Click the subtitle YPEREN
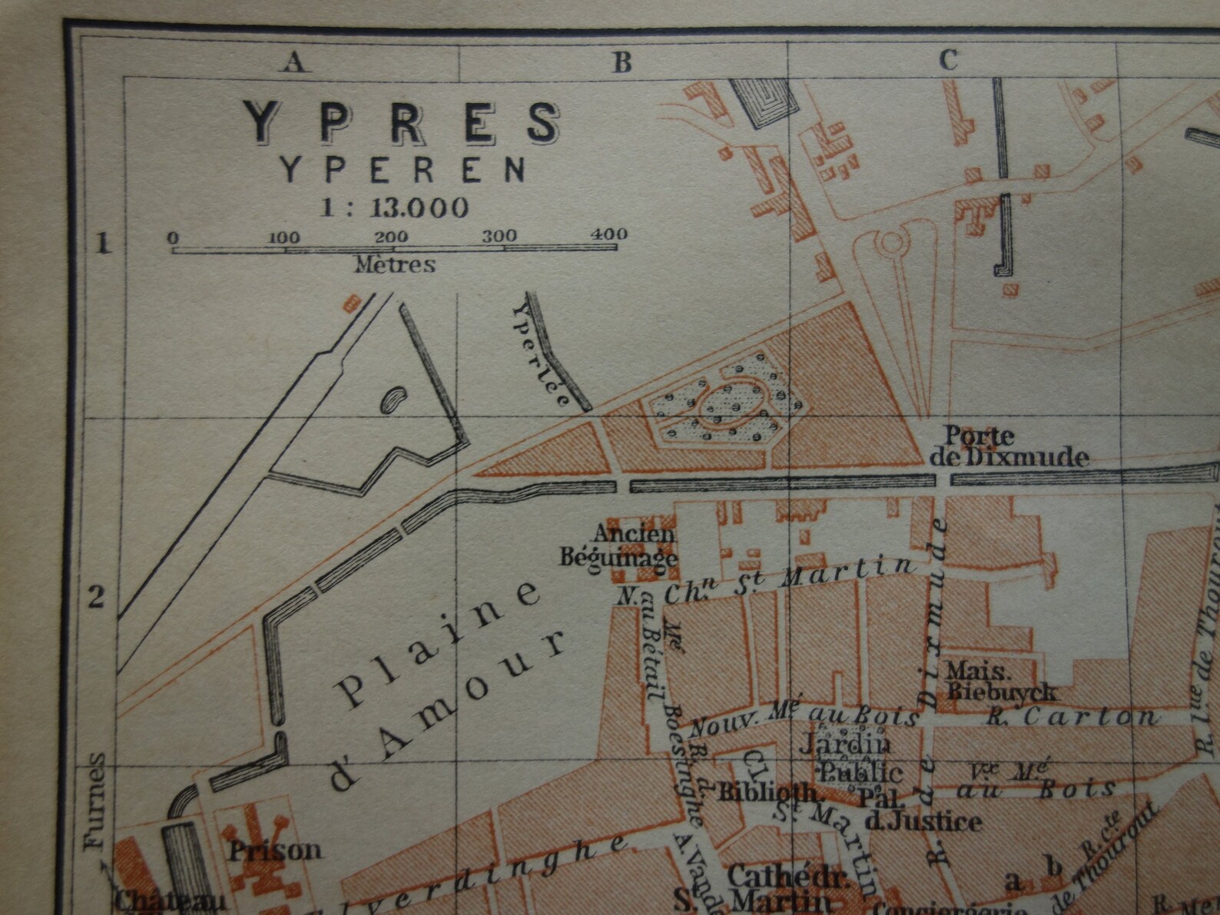pos(403,170)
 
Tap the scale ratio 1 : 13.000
pos(394,207)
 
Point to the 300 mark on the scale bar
pos(499,236)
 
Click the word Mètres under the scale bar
pos(394,265)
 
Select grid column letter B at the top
pos(622,61)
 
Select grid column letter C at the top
pos(949,60)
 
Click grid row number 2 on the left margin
pos(96,596)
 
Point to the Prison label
pos(275,850)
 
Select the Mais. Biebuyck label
pos(999,680)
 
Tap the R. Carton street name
pos(1072,718)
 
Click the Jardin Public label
pos(851,758)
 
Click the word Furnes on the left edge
pos(94,801)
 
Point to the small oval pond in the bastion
pos(394,399)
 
